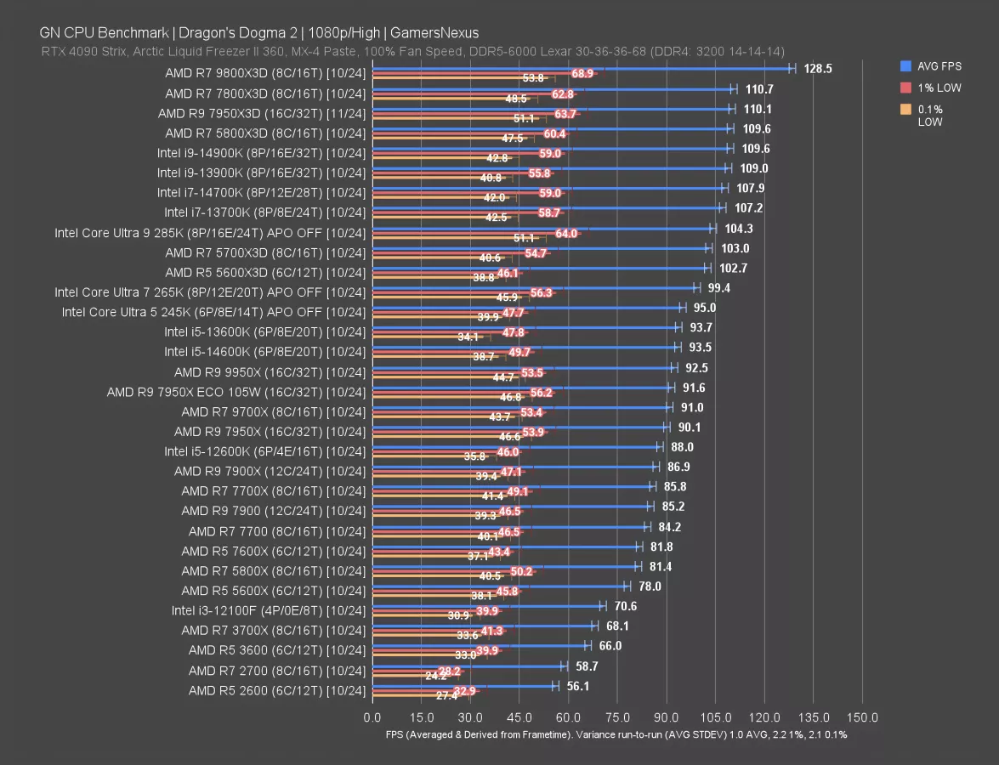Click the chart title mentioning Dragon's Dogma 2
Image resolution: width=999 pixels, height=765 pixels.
(x=258, y=33)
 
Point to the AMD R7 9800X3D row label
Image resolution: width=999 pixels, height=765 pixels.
(x=265, y=73)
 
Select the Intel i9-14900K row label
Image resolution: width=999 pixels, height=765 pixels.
(x=261, y=153)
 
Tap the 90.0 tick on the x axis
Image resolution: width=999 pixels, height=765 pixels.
(x=667, y=717)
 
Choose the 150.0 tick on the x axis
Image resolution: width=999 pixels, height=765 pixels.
(x=864, y=717)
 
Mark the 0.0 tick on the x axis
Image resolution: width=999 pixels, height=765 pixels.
(x=372, y=717)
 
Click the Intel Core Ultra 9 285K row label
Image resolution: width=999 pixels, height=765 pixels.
(x=210, y=232)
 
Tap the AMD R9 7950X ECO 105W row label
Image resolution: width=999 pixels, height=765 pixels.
(x=236, y=392)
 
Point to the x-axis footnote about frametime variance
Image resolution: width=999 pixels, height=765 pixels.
(x=616, y=734)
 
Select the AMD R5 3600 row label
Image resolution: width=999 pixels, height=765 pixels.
(x=277, y=650)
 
